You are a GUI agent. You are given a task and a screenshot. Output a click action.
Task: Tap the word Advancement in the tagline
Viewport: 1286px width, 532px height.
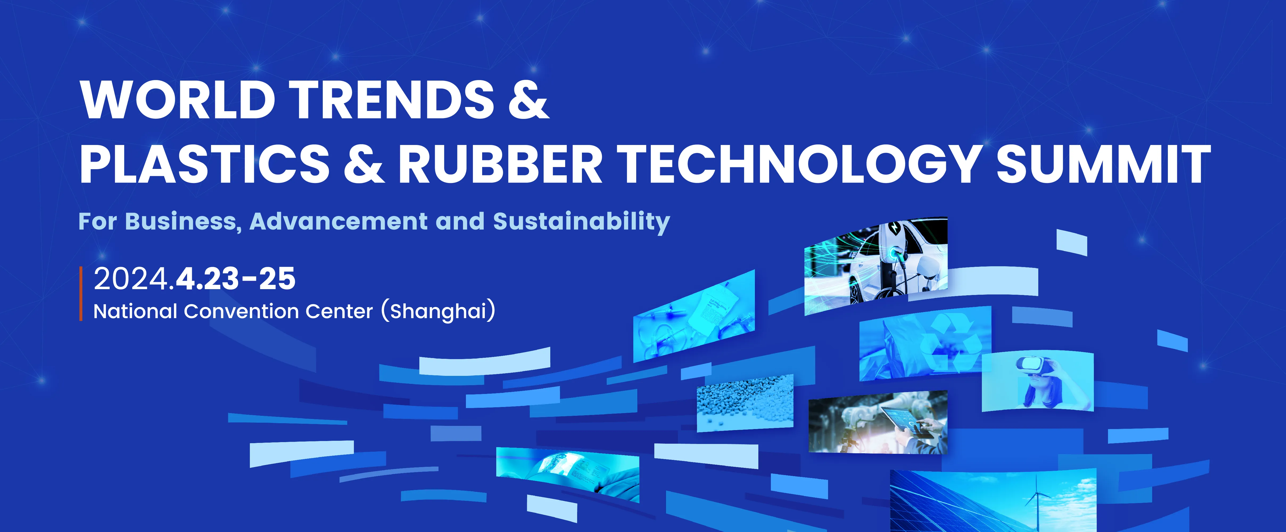[x=342, y=221]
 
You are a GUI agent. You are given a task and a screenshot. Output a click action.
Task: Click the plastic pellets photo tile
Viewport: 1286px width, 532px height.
[x=745, y=403]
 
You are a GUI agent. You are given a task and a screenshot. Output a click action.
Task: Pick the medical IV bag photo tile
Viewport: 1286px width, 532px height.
[x=694, y=315]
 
